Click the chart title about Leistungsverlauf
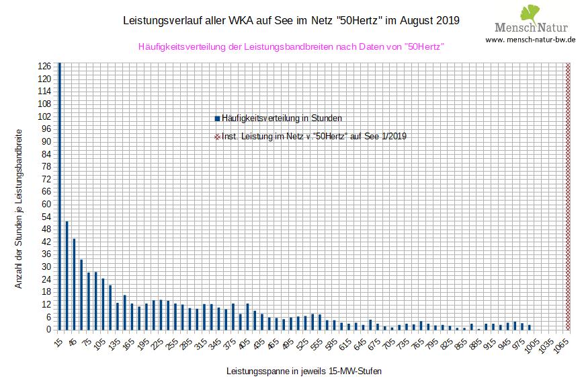point(291,20)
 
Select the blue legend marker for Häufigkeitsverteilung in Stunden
point(217,118)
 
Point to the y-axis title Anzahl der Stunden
point(19,209)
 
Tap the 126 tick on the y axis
point(45,67)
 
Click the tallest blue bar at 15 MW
point(59,195)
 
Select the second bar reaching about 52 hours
point(67,275)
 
